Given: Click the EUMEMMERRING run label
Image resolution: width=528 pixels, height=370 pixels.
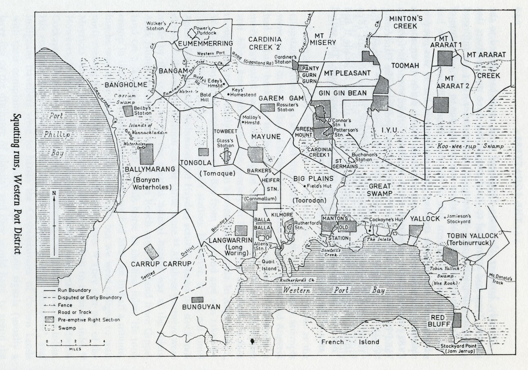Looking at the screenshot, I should pyautogui.click(x=205, y=43).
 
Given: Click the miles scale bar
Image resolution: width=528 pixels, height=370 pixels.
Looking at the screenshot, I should pyautogui.click(x=75, y=345).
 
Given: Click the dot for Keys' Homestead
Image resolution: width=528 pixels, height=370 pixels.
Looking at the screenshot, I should pyautogui.click(x=228, y=94).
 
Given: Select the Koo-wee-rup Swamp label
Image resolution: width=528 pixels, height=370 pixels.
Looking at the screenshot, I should pyautogui.click(x=470, y=146).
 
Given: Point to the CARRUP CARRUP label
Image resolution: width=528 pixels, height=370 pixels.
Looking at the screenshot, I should pyautogui.click(x=156, y=264).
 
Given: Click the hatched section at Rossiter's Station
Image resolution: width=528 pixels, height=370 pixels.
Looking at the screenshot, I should pyautogui.click(x=268, y=108).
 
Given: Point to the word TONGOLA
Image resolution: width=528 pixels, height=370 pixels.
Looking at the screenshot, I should pyautogui.click(x=195, y=162).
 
